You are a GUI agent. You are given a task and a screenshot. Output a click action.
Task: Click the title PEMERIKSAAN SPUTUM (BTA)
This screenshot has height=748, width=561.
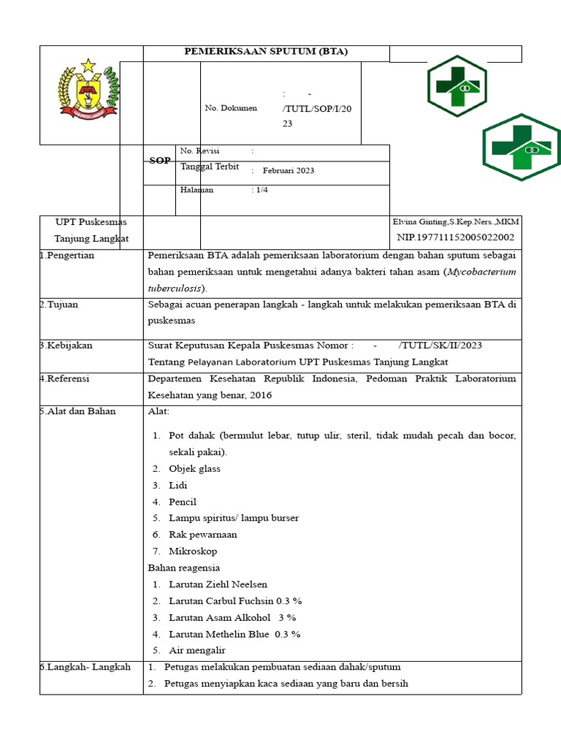[x=265, y=51]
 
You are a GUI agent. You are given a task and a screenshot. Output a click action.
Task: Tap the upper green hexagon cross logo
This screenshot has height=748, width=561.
[x=457, y=85]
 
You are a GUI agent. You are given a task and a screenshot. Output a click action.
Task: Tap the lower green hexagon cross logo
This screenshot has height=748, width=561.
[x=522, y=147]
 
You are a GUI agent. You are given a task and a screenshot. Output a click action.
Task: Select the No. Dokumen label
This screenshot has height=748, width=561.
[x=231, y=108]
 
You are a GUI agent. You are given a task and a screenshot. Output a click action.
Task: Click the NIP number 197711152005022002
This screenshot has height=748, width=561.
[x=456, y=237]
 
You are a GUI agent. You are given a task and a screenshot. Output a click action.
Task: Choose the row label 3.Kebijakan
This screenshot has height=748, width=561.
[x=66, y=346]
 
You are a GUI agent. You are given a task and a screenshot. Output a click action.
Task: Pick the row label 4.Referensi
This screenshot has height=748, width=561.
[x=66, y=379]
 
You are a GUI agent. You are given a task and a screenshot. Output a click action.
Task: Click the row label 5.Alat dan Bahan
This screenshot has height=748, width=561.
[x=78, y=411]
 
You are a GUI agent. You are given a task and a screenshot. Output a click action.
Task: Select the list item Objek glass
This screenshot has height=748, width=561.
[x=194, y=469]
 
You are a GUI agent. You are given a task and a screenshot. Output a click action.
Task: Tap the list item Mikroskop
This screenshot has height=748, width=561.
[x=193, y=552]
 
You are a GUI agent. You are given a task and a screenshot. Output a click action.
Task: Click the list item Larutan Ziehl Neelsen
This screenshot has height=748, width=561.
[x=218, y=584]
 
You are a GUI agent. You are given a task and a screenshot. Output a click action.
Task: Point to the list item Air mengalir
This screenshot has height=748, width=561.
[x=197, y=650]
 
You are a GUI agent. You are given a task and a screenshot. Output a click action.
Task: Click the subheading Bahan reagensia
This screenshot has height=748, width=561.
[x=184, y=568]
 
